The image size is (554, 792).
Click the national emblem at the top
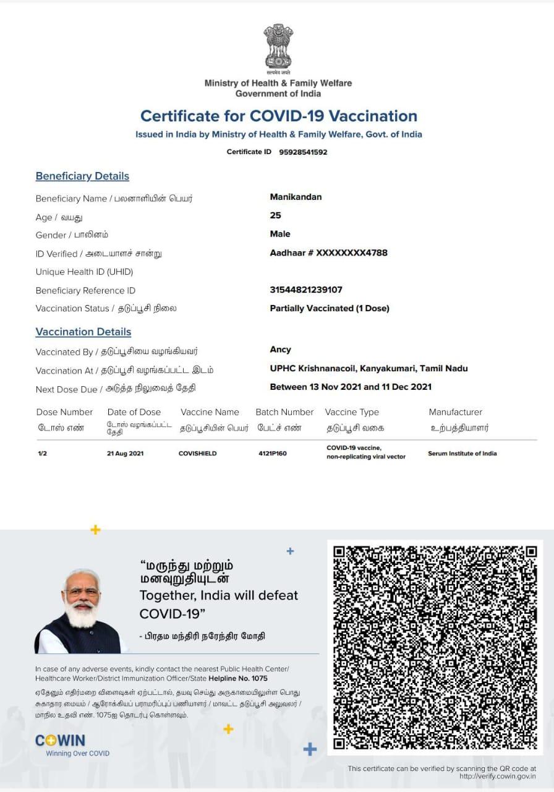point(278,46)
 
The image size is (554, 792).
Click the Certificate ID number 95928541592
point(303,152)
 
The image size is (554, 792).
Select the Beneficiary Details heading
point(82,176)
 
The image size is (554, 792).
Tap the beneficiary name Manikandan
point(296,197)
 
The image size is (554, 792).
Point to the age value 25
point(275,215)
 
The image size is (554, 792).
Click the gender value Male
point(280,234)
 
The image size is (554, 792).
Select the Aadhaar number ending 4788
point(328,252)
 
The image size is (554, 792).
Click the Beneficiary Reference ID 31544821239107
point(306,290)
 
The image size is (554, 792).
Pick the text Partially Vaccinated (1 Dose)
point(330,308)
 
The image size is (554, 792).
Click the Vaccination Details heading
point(83,332)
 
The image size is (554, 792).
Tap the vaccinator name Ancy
point(280,350)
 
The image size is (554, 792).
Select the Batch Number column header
point(284,412)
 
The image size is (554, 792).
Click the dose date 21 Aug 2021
point(125,454)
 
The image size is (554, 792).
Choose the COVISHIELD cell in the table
point(197,454)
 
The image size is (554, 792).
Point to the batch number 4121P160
point(272,454)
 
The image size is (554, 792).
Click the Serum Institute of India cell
point(462,454)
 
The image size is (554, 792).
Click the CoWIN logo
point(60,741)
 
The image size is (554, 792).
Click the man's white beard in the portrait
point(82,614)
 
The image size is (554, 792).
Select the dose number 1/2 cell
point(42,454)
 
